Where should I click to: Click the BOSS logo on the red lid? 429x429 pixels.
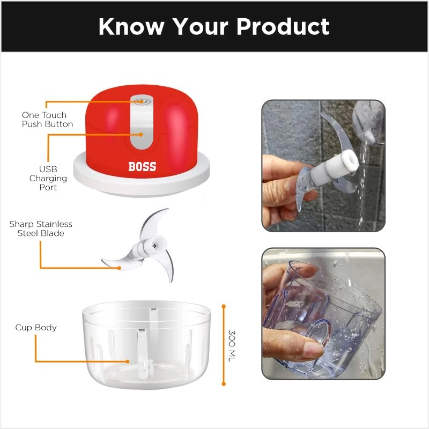tap(142, 166)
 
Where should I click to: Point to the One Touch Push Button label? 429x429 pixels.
tap(44, 120)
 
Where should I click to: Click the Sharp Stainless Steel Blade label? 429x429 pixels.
tap(41, 228)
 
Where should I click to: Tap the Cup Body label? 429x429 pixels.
tap(36, 327)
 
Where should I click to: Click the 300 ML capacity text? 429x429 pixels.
tap(232, 345)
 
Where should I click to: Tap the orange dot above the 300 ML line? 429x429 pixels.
tap(224, 306)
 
